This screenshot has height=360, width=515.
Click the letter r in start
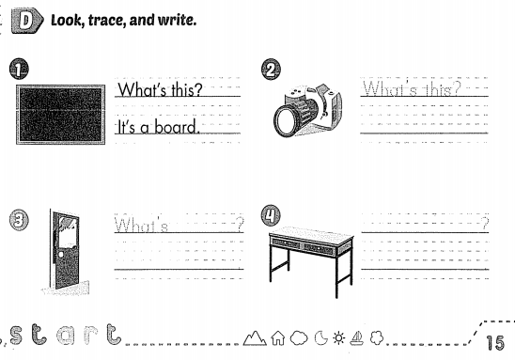90,331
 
